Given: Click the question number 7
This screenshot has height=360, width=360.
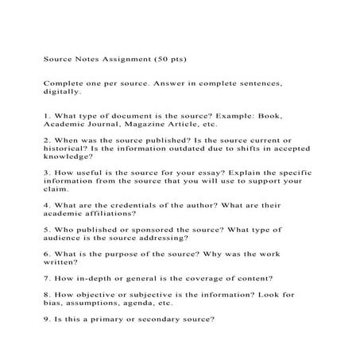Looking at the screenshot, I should [46, 278].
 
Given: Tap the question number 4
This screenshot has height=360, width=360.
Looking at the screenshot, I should [46, 204].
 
